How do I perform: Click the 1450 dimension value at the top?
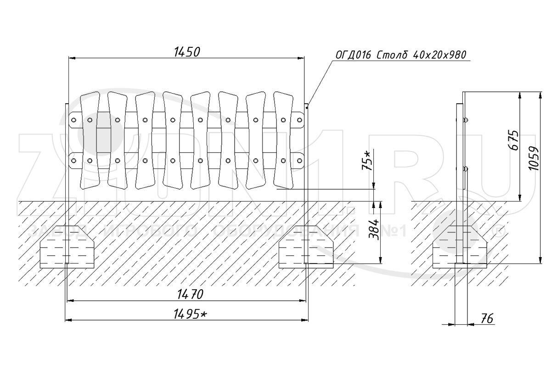tap(187, 51)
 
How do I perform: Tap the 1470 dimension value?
tap(188, 294)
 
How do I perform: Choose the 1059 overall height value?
tap(533, 158)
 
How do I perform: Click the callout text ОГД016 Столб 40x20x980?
tap(400, 55)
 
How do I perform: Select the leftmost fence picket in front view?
tap(90, 140)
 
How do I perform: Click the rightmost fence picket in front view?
tap(283, 140)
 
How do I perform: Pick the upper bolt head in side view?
tap(466, 120)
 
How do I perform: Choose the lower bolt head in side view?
tap(466, 169)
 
